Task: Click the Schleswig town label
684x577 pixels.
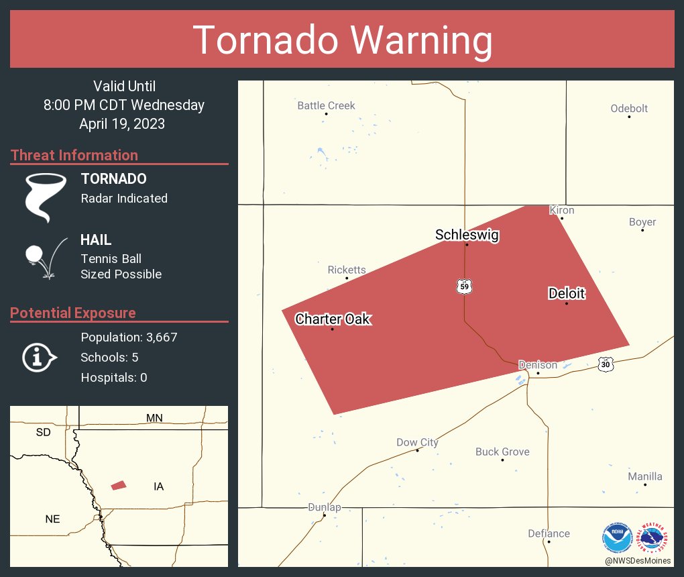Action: point(467,234)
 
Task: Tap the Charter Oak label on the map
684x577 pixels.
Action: point(333,319)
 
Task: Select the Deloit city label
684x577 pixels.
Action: point(567,293)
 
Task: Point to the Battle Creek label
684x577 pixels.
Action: point(326,105)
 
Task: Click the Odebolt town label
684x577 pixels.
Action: point(629,108)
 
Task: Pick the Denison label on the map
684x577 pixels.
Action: point(538,365)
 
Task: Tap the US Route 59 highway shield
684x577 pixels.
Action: point(464,286)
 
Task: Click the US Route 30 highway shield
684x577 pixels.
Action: point(606,364)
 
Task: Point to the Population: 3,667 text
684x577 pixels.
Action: point(129,337)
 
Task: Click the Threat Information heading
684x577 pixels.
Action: point(74,155)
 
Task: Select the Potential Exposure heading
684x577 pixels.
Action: point(73,313)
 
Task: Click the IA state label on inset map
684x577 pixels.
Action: point(159,486)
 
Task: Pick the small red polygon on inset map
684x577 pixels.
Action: point(119,485)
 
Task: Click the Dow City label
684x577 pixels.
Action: point(417,442)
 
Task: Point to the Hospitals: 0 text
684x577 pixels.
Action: point(114,377)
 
